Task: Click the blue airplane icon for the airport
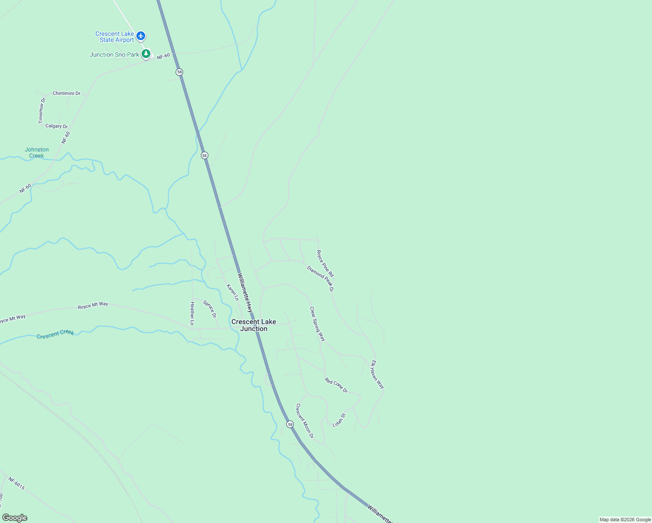tap(140, 36)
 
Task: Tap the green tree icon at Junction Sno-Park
tap(146, 54)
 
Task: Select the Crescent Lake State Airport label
tap(115, 37)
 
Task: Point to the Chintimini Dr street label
tap(66, 93)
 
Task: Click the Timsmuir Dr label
tap(42, 110)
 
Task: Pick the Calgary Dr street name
tap(57, 126)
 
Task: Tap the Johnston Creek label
tap(37, 153)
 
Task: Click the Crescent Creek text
tap(55, 335)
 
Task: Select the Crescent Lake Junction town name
tap(254, 325)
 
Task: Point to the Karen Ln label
tap(233, 292)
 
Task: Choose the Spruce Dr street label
tap(210, 309)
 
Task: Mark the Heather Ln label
tap(192, 313)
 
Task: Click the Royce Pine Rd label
tap(325, 264)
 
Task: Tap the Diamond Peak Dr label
tap(320, 278)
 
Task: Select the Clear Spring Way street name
tap(317, 324)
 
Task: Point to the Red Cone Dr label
tap(336, 385)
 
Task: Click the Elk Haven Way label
tap(377, 374)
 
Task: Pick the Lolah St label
tap(339, 420)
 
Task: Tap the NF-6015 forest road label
tap(17, 483)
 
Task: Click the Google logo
tap(14, 518)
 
